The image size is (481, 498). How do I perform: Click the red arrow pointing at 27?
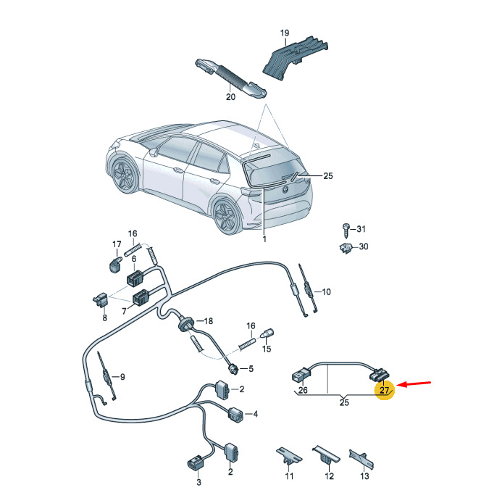pyautogui.click(x=414, y=383)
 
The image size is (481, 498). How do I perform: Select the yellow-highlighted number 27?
pyautogui.click(x=384, y=390)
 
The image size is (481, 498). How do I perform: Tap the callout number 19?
pyautogui.click(x=285, y=33)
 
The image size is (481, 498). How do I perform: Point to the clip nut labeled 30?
pyautogui.click(x=346, y=247)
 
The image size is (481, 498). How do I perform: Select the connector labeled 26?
pyautogui.click(x=300, y=375)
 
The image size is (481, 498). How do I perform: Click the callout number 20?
pyautogui.click(x=230, y=96)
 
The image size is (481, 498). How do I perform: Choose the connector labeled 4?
pyautogui.click(x=235, y=414)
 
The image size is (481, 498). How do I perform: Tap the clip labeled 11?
pyautogui.click(x=289, y=456)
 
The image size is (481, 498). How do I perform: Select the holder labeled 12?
pyautogui.click(x=326, y=455)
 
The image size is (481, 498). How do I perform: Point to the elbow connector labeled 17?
pyautogui.click(x=115, y=265)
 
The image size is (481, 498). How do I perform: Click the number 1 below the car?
pyautogui.click(x=264, y=238)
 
